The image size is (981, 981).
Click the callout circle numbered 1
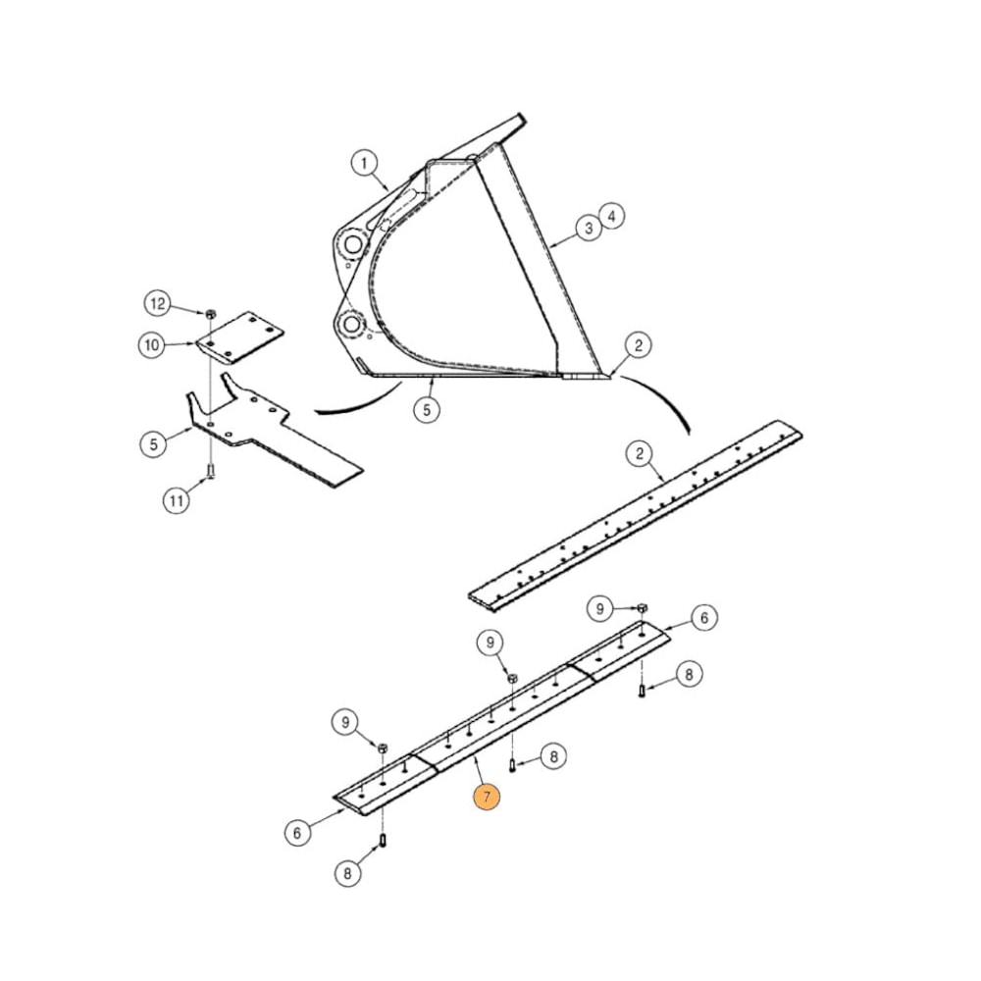(364, 162)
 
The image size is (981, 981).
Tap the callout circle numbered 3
(588, 229)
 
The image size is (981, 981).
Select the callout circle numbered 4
(611, 215)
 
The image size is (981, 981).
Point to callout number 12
(159, 304)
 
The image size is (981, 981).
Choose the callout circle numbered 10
(152, 344)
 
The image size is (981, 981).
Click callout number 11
(176, 501)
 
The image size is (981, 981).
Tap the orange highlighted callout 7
(487, 797)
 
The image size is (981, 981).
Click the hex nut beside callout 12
(210, 313)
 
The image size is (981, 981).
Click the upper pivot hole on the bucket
(350, 242)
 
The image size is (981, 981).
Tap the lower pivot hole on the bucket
(352, 323)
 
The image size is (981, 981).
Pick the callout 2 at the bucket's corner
(639, 344)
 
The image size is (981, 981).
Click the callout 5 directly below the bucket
(426, 410)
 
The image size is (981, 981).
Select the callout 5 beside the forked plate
(153, 443)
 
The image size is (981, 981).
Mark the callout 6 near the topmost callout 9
(703, 618)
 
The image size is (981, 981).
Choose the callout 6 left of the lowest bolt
(298, 833)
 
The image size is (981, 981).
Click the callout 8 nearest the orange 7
(553, 756)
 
